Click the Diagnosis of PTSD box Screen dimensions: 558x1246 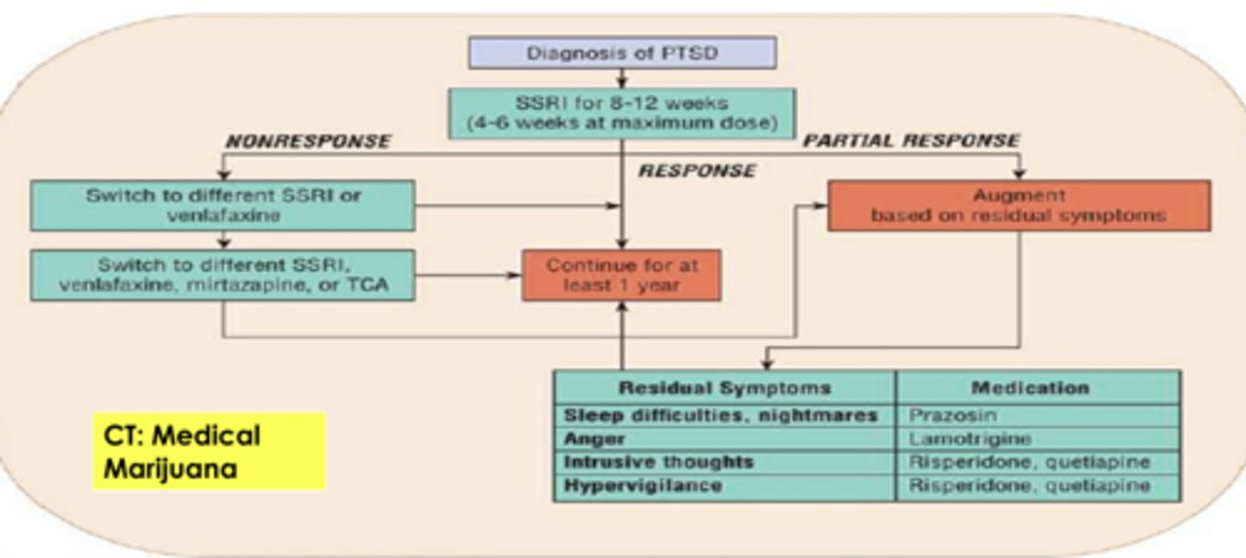(622, 53)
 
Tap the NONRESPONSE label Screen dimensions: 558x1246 (308, 141)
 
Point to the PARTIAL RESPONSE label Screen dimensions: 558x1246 (911, 140)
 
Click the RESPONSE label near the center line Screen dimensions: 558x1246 (697, 171)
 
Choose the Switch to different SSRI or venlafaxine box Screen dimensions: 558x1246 (222, 206)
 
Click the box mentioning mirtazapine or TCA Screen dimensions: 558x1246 (222, 276)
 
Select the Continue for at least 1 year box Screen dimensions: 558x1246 (621, 276)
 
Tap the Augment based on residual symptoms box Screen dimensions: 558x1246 (1018, 206)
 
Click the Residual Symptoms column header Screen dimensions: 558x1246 (724, 388)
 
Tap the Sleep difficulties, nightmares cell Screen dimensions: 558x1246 (720, 415)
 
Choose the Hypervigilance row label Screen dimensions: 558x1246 (642, 486)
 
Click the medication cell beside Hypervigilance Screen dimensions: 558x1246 (1029, 486)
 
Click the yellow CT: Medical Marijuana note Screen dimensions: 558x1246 (209, 452)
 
